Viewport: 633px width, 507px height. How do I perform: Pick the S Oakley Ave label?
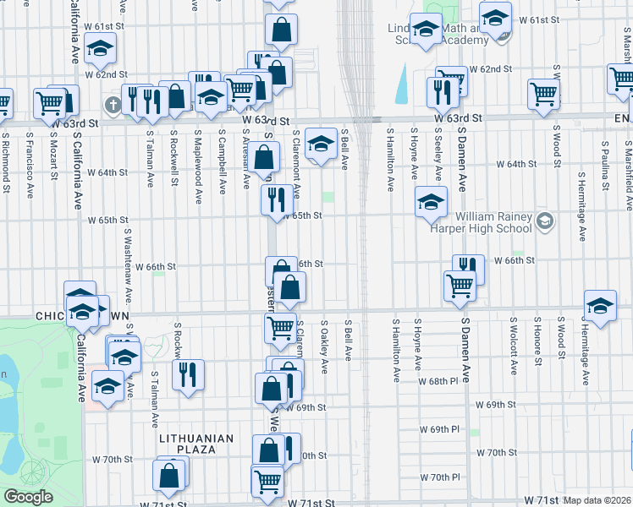pyautogui.click(x=324, y=341)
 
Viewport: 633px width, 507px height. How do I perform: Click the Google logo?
pyautogui.click(x=28, y=497)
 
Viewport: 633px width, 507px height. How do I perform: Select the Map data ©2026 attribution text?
pyautogui.click(x=597, y=500)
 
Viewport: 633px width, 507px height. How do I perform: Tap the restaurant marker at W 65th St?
pyautogui.click(x=278, y=200)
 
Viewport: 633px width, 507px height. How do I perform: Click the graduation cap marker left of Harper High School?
pyautogui.click(x=430, y=202)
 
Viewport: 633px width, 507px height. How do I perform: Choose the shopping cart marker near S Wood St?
pyautogui.click(x=543, y=95)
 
